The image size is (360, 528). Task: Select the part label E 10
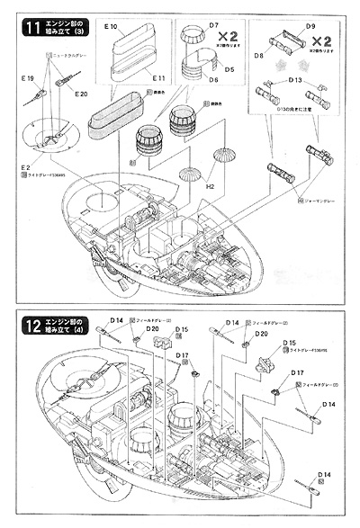pos(112,30)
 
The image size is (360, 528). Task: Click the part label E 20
pos(79,94)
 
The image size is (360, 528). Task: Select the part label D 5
pos(228,67)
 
